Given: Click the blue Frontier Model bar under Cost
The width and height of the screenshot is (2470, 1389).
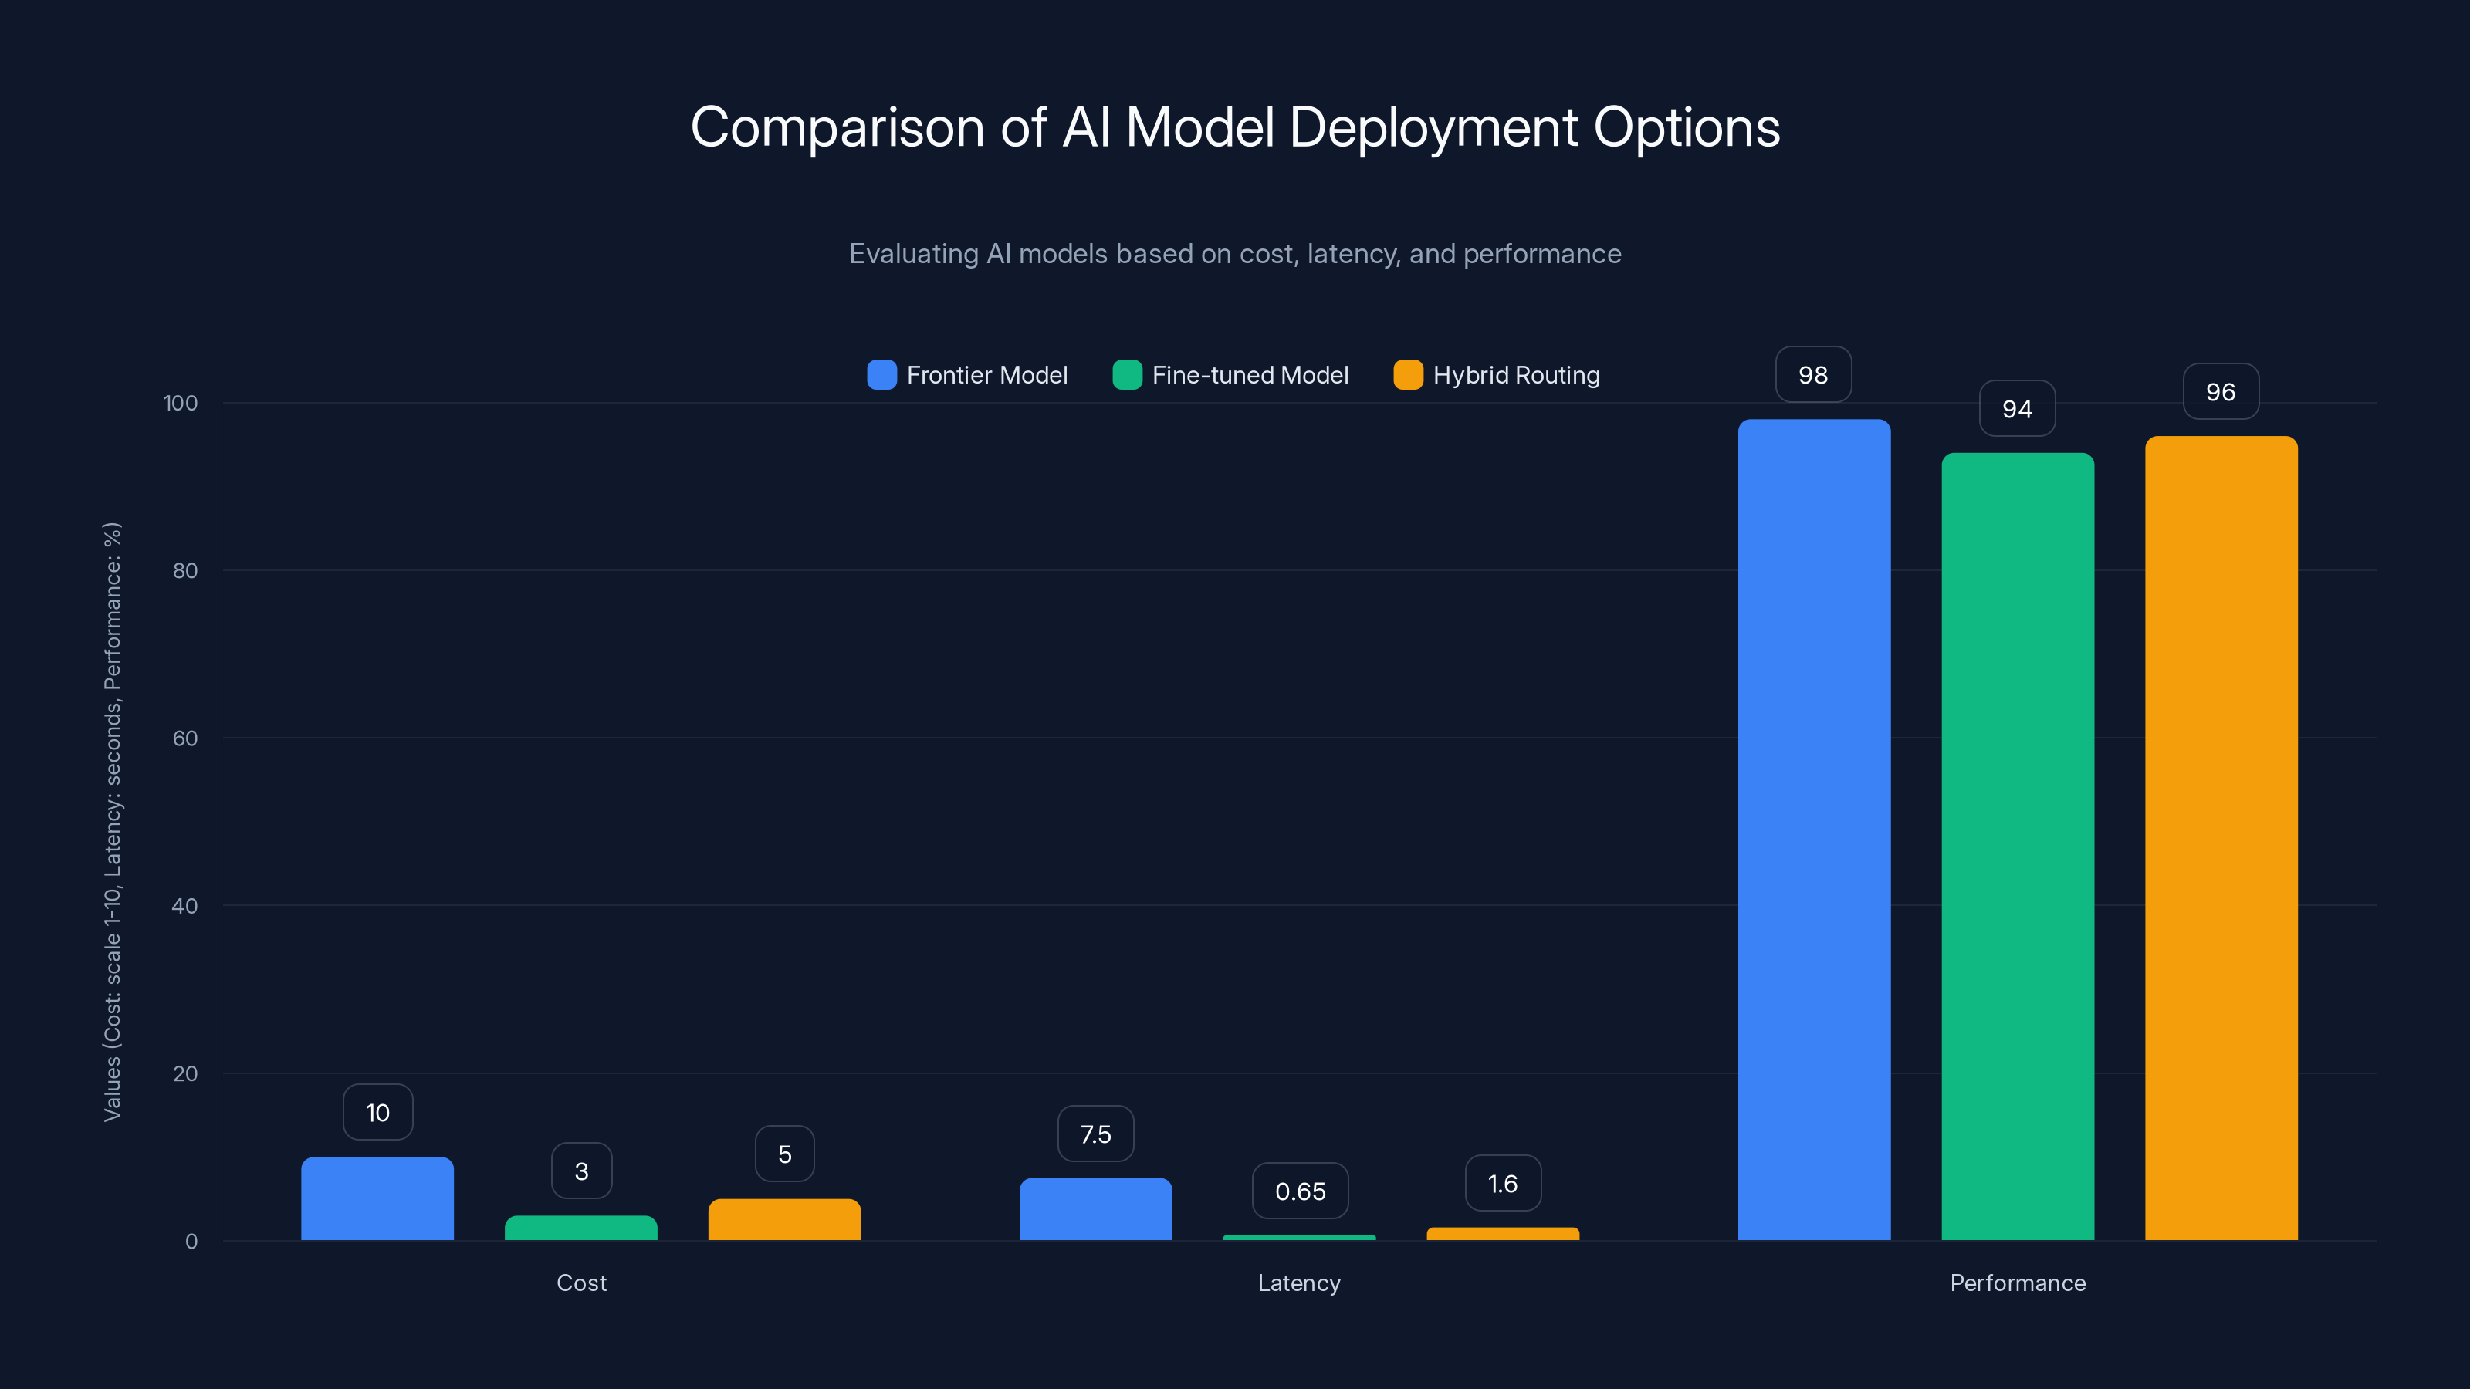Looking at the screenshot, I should pos(377,1198).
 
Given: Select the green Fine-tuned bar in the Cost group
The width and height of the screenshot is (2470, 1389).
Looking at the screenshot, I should pos(581,1228).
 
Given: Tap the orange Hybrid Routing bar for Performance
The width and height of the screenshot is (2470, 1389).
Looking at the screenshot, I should pos(2221,839).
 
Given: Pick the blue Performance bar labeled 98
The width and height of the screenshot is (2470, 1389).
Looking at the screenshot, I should pos(1814,830).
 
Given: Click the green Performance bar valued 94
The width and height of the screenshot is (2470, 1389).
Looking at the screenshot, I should pos(2018,847).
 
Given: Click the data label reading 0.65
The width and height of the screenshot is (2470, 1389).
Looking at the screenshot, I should pos(1300,1191).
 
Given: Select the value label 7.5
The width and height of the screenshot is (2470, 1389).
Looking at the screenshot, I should pos(1095,1134).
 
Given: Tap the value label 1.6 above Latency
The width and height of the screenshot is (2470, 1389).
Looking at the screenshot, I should pos(1503,1184).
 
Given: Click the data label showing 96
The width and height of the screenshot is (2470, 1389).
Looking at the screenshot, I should pos(2221,392).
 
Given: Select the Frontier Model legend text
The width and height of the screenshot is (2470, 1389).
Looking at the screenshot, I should pos(986,375).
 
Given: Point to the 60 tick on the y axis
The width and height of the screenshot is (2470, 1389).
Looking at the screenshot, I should pos(185,738).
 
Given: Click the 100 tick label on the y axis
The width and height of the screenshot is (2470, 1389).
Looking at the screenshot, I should pos(181,403).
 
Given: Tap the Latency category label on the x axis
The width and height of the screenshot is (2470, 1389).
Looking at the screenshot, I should pos(1299,1283).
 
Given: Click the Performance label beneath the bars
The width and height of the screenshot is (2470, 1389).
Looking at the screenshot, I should pos(2018,1283).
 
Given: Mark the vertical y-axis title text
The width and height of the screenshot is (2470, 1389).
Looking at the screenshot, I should pos(112,822).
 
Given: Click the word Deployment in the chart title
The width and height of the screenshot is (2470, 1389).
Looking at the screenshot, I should pos(1433,127).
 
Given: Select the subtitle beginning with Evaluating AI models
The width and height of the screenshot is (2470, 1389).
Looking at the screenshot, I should pos(1235,254).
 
